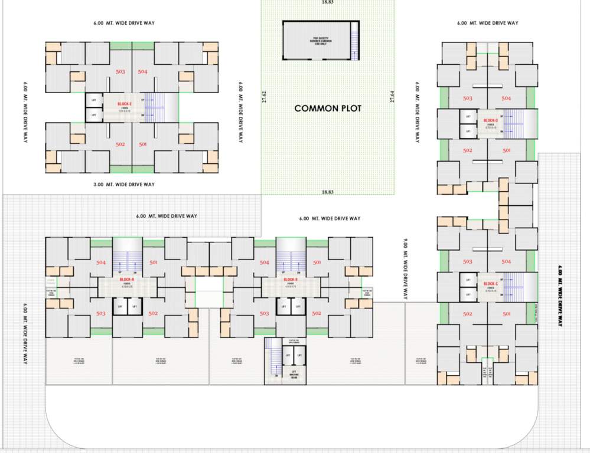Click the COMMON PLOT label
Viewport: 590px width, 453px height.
[328, 109]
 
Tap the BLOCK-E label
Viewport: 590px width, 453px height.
[125, 104]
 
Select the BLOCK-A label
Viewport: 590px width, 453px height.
[127, 279]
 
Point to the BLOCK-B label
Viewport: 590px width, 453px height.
[290, 279]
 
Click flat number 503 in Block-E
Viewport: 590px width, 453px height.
[120, 71]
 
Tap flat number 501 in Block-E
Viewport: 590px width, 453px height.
[142, 145]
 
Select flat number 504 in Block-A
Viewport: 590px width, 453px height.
[101, 262]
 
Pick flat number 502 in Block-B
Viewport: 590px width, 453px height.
[316, 313]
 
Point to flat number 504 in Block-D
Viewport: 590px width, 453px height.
[506, 99]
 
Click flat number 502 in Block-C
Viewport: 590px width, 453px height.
[468, 314]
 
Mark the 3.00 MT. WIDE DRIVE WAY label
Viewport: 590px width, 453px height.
[123, 185]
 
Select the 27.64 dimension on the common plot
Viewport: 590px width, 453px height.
[392, 97]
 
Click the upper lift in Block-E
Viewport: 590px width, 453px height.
[94, 100]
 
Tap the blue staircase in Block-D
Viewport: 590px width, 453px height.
[511, 123]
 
